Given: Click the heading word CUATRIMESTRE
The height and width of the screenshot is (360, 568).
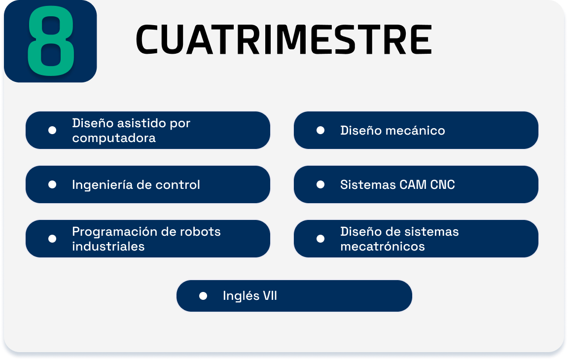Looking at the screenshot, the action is coord(284,39).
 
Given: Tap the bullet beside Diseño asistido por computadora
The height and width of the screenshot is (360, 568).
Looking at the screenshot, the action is coord(52,130).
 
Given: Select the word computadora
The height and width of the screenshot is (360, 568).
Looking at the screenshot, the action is coord(114,138).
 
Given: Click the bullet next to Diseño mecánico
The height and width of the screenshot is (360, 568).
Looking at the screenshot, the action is coord(320,130).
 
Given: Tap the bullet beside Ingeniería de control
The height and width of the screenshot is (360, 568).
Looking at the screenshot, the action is coord(52,185).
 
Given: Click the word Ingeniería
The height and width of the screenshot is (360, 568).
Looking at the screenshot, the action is coord(103,185).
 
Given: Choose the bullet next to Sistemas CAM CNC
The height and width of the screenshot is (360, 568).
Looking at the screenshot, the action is coord(320,185).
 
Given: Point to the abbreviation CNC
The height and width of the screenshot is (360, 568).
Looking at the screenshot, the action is coord(442,185).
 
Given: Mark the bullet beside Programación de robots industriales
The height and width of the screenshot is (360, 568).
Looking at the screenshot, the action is coord(52,239).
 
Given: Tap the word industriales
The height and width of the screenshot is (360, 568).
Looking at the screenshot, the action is coord(108,246).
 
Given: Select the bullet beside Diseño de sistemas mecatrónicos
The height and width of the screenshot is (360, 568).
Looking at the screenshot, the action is coord(320,239).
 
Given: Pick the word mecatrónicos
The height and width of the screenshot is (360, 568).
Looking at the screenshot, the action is coord(383,246).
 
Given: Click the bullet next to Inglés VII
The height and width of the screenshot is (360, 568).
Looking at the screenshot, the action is coord(203,296).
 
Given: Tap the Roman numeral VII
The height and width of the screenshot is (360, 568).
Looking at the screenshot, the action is coord(270,296).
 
